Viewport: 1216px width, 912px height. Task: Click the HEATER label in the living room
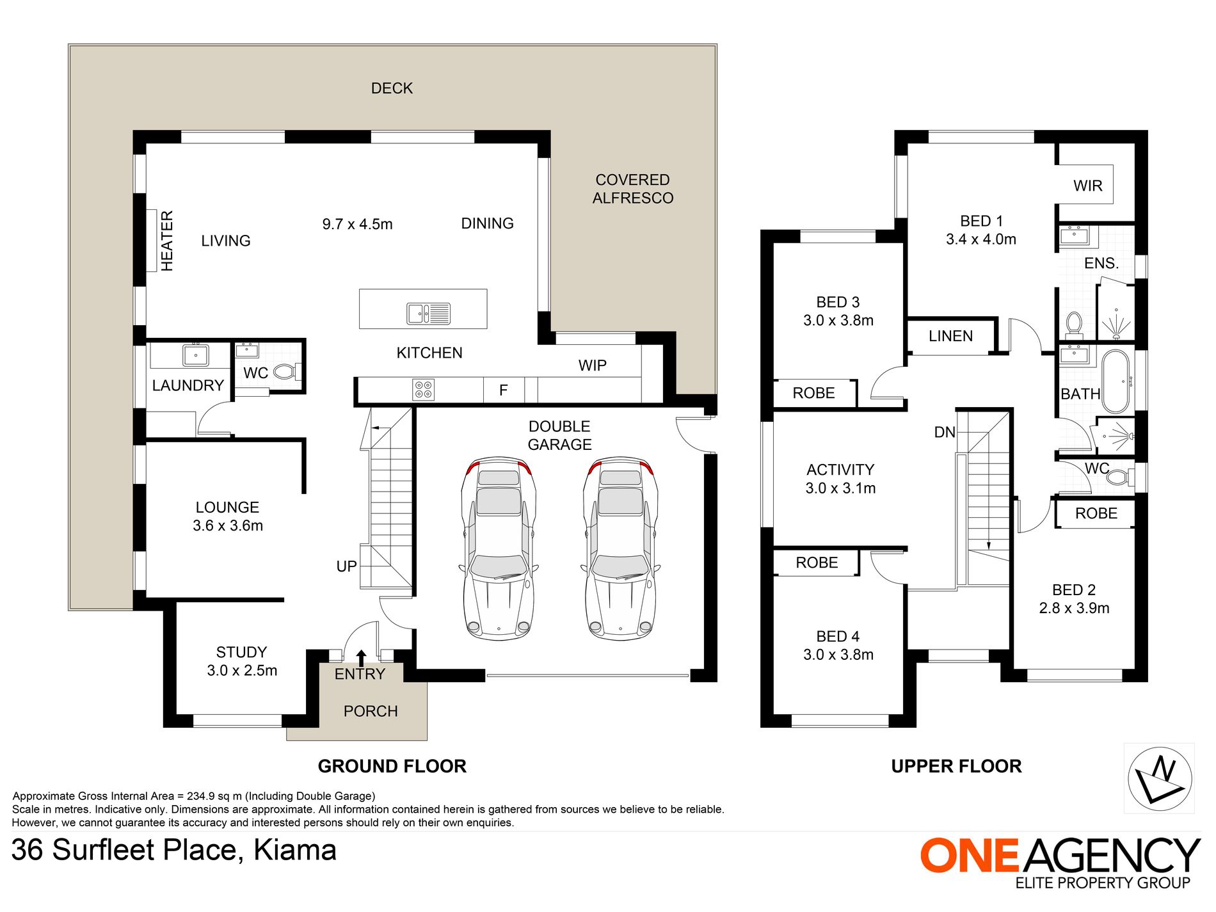[x=167, y=241]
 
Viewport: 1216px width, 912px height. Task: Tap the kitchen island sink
[x=429, y=314]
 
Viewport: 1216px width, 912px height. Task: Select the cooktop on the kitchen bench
[x=424, y=389]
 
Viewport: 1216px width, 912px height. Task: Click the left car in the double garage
[x=499, y=548]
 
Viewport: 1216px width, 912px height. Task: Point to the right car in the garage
[x=621, y=548]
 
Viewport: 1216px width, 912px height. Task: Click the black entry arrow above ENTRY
[x=361, y=658]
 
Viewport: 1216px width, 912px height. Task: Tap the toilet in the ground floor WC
[x=286, y=371]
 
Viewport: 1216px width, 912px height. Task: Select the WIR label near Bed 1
[x=1088, y=186]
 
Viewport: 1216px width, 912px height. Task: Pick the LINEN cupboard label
[x=951, y=336]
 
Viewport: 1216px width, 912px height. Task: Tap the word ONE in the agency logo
[x=969, y=856]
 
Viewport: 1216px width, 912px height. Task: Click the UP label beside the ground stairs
[x=347, y=566]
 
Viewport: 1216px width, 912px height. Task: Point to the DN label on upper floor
[x=945, y=432]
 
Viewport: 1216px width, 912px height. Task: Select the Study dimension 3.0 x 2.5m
[x=242, y=671]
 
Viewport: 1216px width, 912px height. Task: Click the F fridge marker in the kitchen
[x=504, y=390]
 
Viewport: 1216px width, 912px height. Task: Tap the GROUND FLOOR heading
[x=392, y=766]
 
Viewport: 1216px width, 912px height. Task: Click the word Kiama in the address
[x=295, y=850]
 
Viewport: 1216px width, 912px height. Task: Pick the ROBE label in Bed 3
[x=813, y=393]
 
